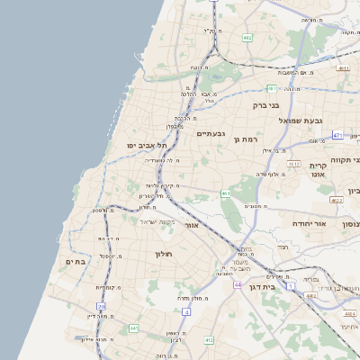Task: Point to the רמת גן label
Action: [x=244, y=138]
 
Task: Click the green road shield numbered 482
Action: [x=247, y=38]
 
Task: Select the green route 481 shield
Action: [x=272, y=88]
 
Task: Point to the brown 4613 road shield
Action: [x=294, y=164]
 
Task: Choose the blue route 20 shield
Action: [x=102, y=308]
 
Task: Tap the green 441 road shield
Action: [x=134, y=328]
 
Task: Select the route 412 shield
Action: [x=210, y=340]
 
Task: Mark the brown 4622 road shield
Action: [x=336, y=201]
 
